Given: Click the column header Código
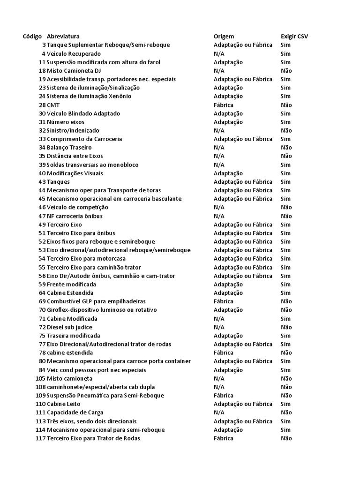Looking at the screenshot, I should pos(32,37).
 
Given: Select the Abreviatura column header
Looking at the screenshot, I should pos(63,37).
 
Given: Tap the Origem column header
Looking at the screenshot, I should pos(224,37).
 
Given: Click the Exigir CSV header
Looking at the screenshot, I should pos(294,37).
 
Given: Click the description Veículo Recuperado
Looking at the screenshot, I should pos(74,53).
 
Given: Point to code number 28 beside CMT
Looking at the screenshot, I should pos(42,105).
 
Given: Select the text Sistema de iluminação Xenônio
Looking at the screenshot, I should pos(89,97).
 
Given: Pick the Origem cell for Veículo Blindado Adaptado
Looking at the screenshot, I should pos(228,113).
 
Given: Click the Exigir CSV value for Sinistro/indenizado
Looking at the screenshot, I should pos(286,131).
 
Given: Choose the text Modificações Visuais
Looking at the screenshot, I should pos(75,173).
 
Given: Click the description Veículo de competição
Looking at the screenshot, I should pos(77,208).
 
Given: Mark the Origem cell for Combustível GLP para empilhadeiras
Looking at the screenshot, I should pos(223,301).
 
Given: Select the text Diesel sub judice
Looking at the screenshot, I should pos(69,327).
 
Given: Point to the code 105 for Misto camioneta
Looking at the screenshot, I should pos(40,378).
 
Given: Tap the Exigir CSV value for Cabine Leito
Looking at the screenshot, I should pos(285,404).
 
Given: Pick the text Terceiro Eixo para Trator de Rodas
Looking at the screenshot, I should pos(93,438).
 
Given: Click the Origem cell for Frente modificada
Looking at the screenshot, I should pos(228,285).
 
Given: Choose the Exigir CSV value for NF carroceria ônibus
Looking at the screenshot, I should pos(286,216).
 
